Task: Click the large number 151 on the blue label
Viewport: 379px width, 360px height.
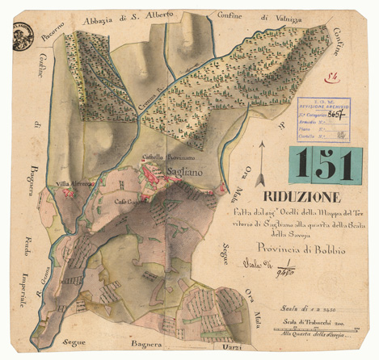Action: pyautogui.click(x=321, y=165)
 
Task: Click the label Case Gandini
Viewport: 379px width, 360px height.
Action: pyautogui.click(x=129, y=201)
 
